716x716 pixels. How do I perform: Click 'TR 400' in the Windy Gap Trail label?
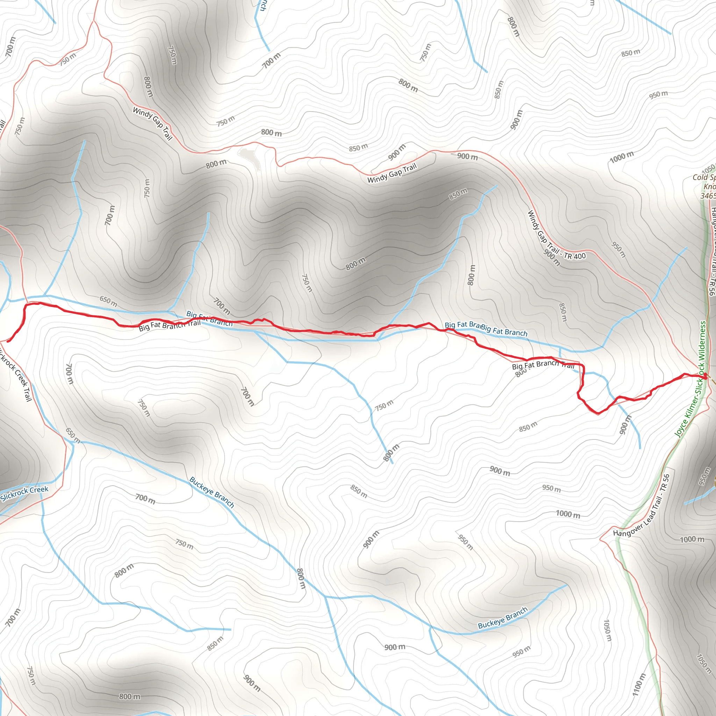point(575,256)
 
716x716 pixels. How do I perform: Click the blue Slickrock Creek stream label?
point(24,493)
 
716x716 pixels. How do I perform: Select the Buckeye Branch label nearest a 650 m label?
point(212,492)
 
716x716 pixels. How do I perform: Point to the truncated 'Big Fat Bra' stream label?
point(462,325)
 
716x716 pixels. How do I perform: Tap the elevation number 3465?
point(708,196)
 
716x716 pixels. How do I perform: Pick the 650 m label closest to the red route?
point(108,301)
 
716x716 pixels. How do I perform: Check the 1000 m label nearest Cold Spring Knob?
point(622,157)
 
